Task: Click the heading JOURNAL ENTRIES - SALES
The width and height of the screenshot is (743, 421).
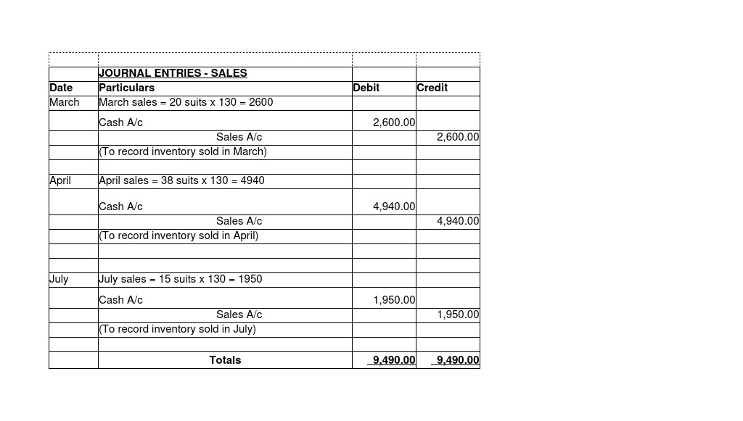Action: (x=173, y=73)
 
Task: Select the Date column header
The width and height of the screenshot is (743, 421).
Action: (x=61, y=88)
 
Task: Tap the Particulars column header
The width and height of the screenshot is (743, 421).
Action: (x=126, y=88)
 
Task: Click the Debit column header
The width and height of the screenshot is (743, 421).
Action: (x=366, y=88)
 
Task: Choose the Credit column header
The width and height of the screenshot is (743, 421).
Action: (x=432, y=88)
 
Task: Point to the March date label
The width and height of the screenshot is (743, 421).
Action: (x=65, y=102)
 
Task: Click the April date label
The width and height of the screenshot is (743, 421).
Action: (x=60, y=180)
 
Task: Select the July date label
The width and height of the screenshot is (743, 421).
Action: (x=59, y=279)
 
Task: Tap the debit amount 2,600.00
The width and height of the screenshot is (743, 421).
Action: (x=394, y=122)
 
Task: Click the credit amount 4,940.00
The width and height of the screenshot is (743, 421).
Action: (x=458, y=221)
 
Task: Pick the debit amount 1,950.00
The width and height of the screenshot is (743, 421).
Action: (x=394, y=300)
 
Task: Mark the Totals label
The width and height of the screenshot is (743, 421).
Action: (x=225, y=360)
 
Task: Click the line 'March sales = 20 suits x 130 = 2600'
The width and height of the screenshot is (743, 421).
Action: (x=186, y=102)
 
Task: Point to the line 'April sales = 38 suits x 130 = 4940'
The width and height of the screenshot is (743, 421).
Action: (x=181, y=180)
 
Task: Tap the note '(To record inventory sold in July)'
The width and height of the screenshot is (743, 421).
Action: (x=177, y=329)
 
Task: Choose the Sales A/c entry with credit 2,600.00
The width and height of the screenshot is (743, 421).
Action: (x=239, y=137)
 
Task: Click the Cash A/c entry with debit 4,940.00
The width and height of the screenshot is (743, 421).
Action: (x=120, y=207)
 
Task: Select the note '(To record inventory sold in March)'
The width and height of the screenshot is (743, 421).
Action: (x=183, y=151)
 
